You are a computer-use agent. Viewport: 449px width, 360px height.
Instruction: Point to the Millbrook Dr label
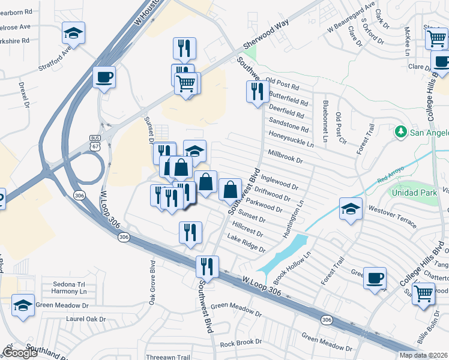click(286, 157)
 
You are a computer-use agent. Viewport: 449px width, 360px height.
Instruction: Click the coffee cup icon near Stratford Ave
click(104, 77)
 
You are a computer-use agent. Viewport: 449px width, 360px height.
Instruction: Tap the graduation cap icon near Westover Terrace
click(351, 209)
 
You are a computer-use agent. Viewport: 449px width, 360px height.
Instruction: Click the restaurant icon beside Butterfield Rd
click(258, 92)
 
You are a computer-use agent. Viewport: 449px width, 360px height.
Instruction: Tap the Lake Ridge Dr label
click(246, 244)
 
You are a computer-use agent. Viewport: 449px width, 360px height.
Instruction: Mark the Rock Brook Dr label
click(238, 343)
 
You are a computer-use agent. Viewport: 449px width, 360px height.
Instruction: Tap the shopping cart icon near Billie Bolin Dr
click(423, 293)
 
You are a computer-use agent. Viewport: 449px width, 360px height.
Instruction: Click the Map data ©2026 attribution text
click(423, 355)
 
